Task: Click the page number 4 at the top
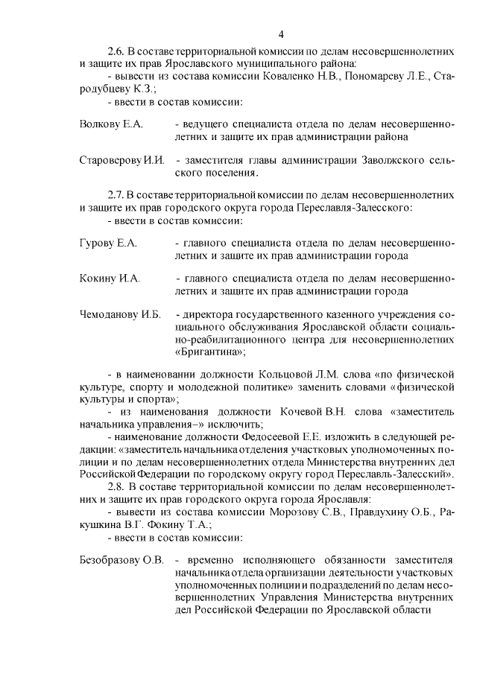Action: [x=281, y=34]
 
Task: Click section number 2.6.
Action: [x=117, y=51]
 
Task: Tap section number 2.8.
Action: [x=117, y=487]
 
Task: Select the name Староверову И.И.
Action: [x=121, y=161]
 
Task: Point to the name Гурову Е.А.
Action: [x=108, y=243]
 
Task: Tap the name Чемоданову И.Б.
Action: [x=120, y=315]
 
